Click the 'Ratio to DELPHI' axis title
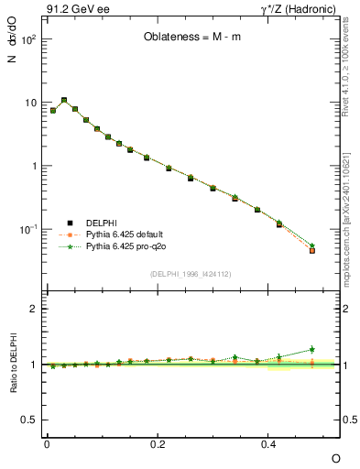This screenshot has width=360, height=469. click(15, 365)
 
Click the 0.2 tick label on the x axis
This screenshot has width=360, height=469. click(157, 443)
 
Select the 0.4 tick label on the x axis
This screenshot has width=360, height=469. click(267, 443)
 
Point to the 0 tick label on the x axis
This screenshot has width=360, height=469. click(47, 443)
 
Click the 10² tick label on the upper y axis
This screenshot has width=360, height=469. click(29, 40)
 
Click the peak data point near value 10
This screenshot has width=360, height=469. click(64, 101)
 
